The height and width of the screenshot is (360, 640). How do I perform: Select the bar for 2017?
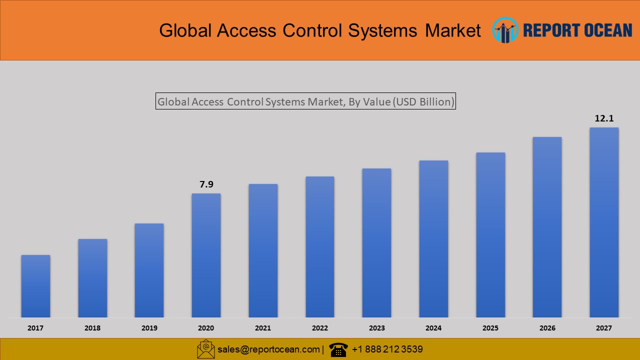pyautogui.click(x=35, y=286)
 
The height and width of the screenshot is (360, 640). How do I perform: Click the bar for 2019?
pyautogui.click(x=149, y=270)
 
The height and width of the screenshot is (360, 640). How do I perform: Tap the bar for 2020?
pyautogui.click(x=206, y=255)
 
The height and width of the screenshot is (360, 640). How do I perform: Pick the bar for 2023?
pyautogui.click(x=376, y=242)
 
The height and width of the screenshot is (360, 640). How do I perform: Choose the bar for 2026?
pyautogui.click(x=547, y=227)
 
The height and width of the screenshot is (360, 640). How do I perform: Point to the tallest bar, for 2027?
pyautogui.click(x=604, y=222)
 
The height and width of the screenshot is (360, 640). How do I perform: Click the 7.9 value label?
pyautogui.click(x=206, y=184)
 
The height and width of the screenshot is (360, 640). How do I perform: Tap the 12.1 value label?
pyautogui.click(x=604, y=118)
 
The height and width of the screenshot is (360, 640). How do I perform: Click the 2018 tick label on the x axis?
pyautogui.click(x=92, y=328)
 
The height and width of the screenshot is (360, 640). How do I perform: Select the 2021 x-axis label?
pyautogui.click(x=263, y=328)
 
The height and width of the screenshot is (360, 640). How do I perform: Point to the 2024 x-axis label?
pyautogui.click(x=433, y=328)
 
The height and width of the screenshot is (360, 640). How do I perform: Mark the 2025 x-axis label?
pyautogui.click(x=490, y=328)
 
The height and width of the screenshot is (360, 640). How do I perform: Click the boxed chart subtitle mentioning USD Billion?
pyautogui.click(x=305, y=101)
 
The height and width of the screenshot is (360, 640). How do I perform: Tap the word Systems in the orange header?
pyautogui.click(x=382, y=30)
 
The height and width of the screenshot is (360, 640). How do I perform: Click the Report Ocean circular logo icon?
pyautogui.click(x=505, y=30)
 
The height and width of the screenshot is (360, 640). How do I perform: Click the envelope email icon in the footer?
pyautogui.click(x=205, y=349)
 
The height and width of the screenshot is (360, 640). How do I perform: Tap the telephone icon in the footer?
pyautogui.click(x=338, y=349)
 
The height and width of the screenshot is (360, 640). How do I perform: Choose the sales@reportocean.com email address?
pyautogui.click(x=268, y=349)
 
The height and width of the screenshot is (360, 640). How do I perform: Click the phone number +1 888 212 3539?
pyautogui.click(x=387, y=349)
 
